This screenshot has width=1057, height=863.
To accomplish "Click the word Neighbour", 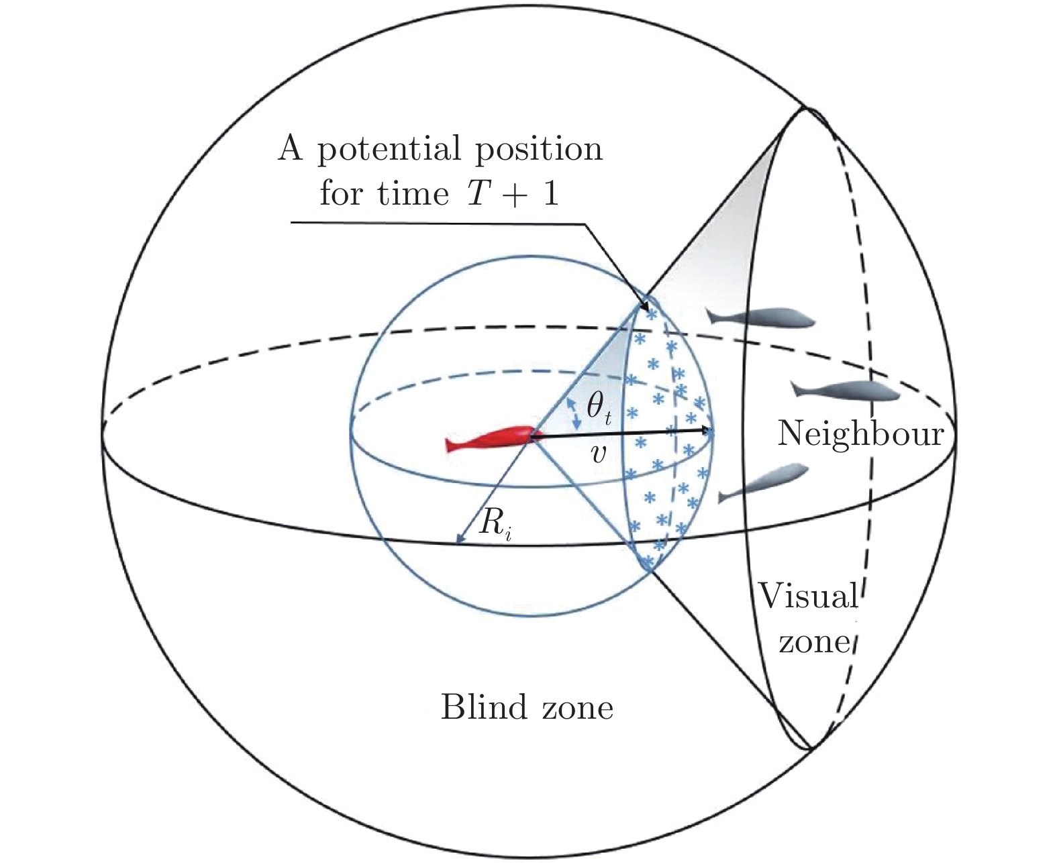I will [860, 434].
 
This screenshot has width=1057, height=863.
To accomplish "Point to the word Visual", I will [807, 595].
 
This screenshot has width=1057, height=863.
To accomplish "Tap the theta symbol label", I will [597, 407].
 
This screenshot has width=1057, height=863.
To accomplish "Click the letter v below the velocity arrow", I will [597, 454].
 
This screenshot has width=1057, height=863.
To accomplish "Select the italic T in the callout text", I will [476, 193].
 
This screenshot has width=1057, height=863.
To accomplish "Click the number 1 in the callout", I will [550, 193].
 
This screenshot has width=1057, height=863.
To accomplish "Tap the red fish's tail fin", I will [452, 445].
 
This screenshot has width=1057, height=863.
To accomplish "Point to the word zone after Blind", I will [576, 707].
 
